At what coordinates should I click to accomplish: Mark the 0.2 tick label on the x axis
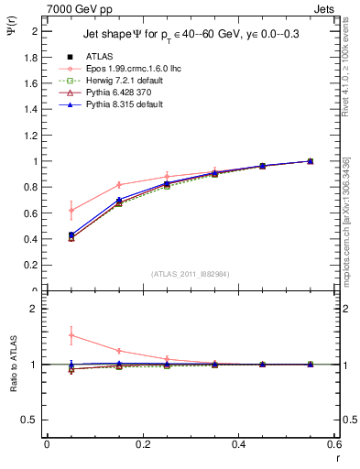click(143, 444)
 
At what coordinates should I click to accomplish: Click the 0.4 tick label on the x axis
click(238, 444)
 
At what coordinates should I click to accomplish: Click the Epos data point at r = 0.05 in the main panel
click(71, 211)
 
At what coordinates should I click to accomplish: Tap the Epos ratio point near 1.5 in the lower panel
click(71, 335)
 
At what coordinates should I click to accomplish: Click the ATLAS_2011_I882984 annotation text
click(191, 274)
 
